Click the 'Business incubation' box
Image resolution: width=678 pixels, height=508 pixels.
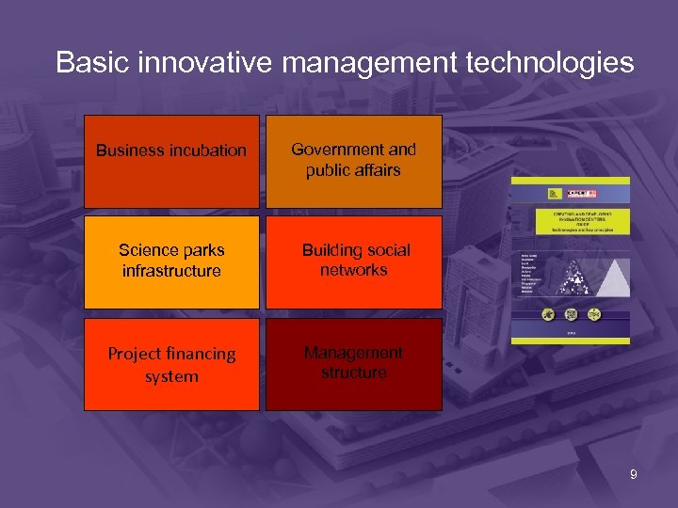point(171,161)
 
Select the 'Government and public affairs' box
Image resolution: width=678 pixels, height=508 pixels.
point(353,161)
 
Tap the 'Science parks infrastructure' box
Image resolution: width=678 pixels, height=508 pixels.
point(171,262)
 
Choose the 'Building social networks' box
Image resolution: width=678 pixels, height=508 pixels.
point(353,262)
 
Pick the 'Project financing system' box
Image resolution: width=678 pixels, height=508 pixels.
point(171,364)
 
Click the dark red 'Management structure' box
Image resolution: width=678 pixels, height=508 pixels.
point(353,364)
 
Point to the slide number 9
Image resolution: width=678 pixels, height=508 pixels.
point(633,475)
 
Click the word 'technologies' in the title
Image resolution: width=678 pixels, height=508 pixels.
point(556,63)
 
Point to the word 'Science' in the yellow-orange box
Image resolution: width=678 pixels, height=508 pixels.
point(149,250)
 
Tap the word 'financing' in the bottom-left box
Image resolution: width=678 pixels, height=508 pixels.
point(193,354)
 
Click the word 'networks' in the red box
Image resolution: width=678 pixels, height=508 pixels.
point(353,270)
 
